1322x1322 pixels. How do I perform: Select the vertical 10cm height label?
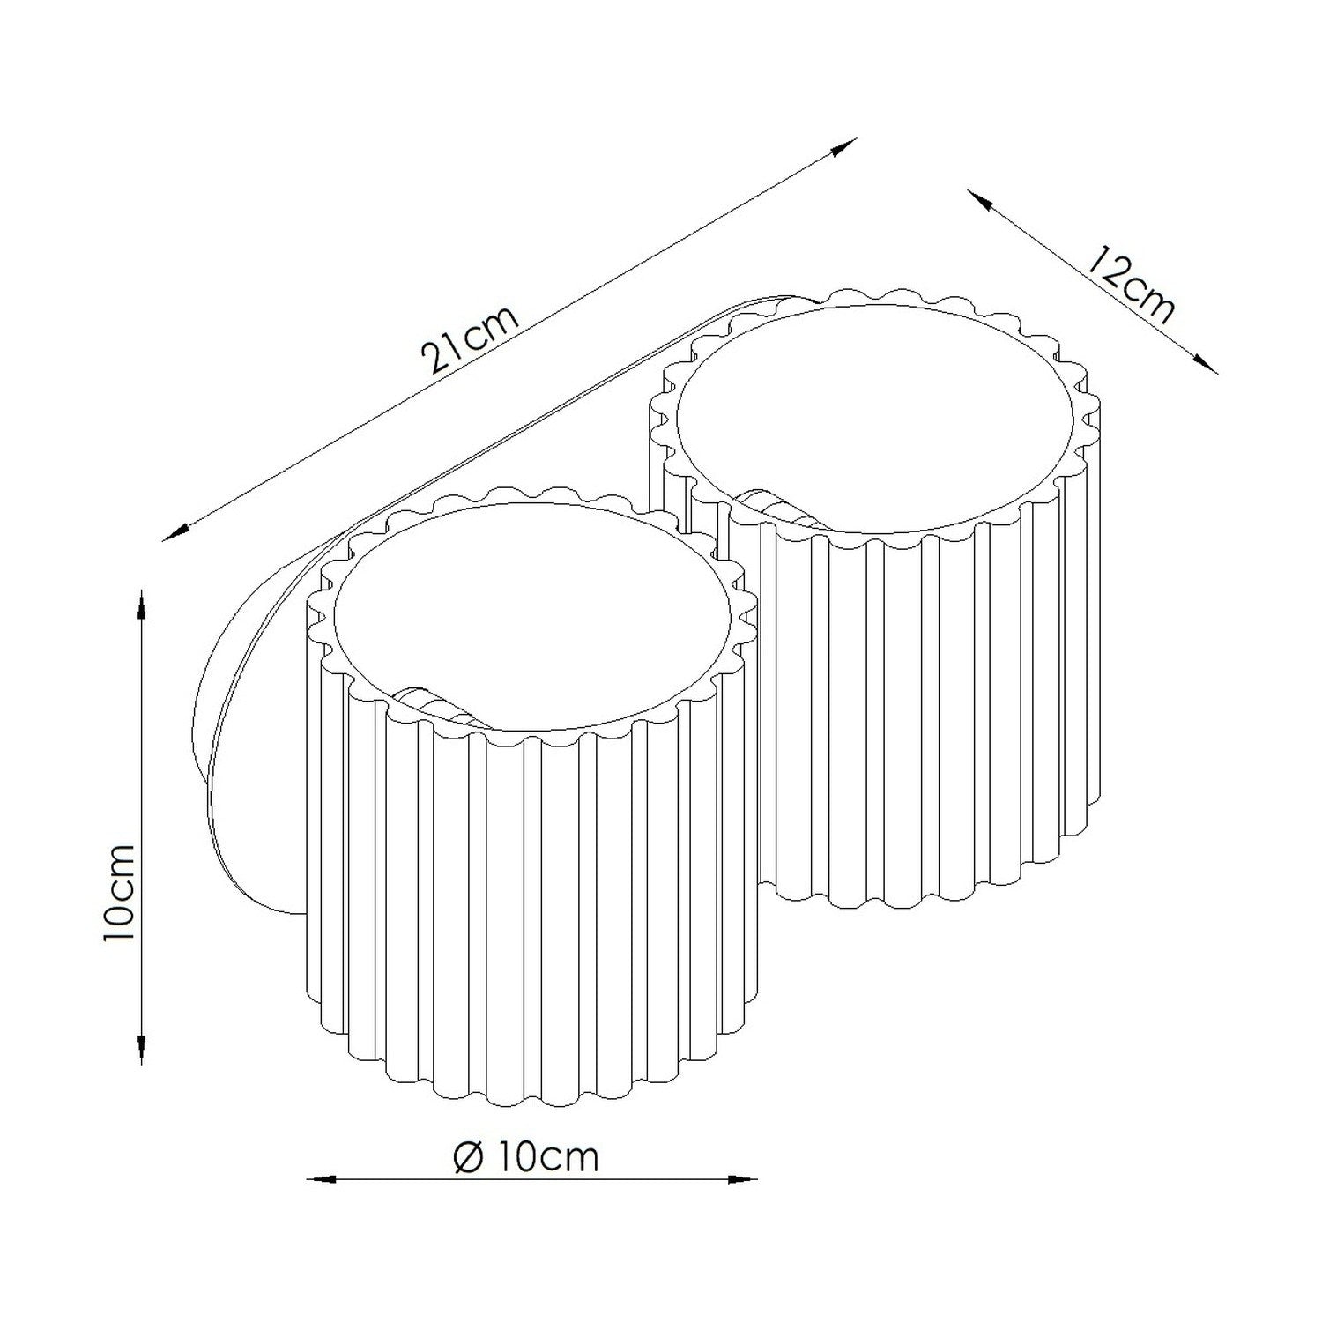click(x=119, y=892)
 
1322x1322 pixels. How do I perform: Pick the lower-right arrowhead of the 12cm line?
click(x=1204, y=362)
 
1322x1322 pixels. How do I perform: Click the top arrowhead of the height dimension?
click(x=143, y=607)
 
